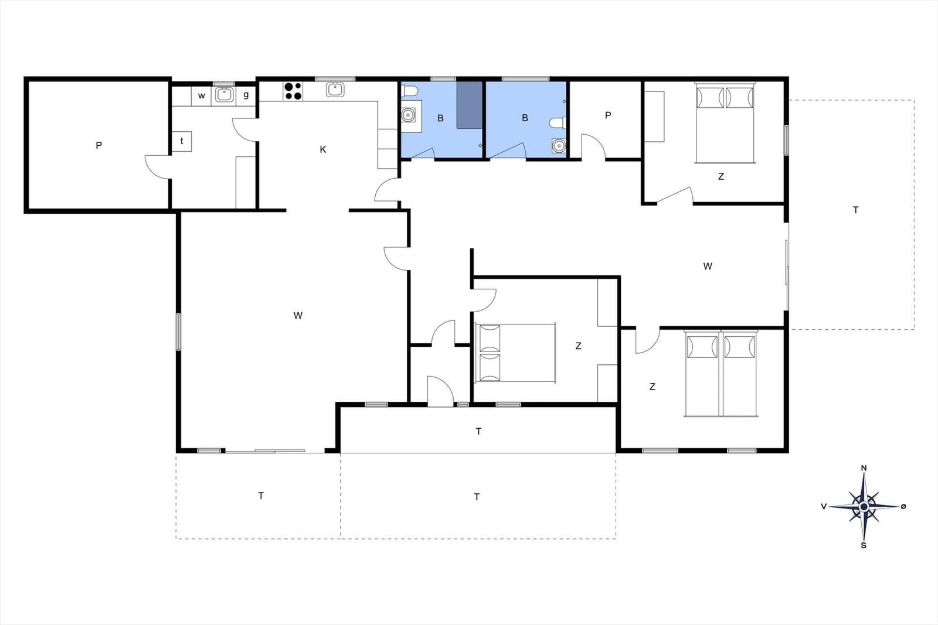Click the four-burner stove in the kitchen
click(293, 91)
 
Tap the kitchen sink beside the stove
click(335, 90)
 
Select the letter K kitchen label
click(323, 149)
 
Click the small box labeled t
click(182, 141)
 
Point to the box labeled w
click(202, 96)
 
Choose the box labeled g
click(246, 96)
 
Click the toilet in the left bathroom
click(409, 91)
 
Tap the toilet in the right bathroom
click(558, 123)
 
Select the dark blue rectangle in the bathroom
click(470, 105)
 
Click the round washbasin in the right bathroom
click(559, 146)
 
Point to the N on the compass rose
click(864, 468)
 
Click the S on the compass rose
click(864, 545)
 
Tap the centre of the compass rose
click(864, 507)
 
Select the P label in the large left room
click(99, 146)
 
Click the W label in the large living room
click(298, 315)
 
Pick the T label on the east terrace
click(855, 210)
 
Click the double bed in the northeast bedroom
click(725, 122)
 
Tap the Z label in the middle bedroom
click(578, 346)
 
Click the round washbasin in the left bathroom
click(408, 114)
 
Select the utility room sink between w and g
click(225, 94)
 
